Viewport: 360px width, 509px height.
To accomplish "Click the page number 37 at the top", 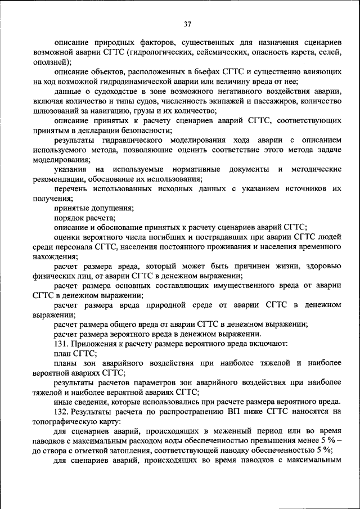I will pyautogui.click(x=187, y=24).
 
